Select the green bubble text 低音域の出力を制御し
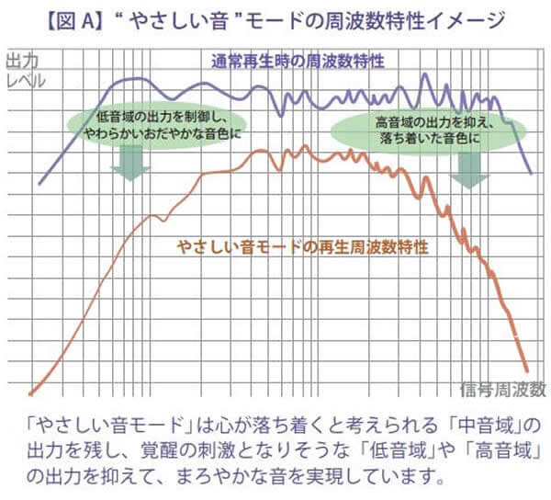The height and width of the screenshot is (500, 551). [162, 116]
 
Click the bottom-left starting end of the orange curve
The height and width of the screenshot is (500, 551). [31, 391]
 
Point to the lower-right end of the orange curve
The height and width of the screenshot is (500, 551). [526, 368]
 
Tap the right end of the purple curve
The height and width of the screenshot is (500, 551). [532, 172]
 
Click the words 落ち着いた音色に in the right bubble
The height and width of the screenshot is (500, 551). [436, 138]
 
